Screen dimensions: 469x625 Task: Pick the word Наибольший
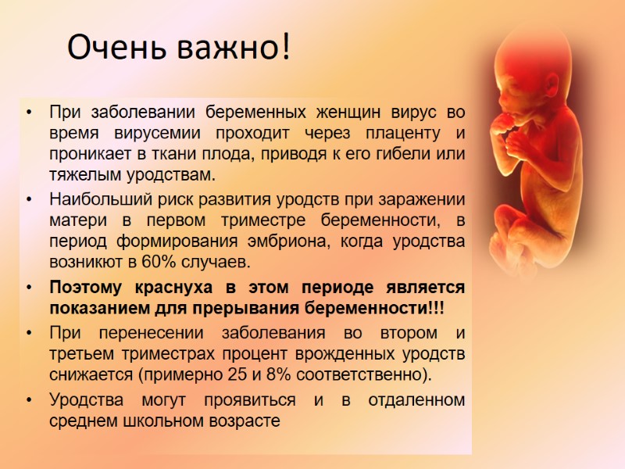click(x=97, y=200)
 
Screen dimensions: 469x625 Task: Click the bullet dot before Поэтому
click(x=29, y=288)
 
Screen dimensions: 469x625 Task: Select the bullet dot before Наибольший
click(x=29, y=200)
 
